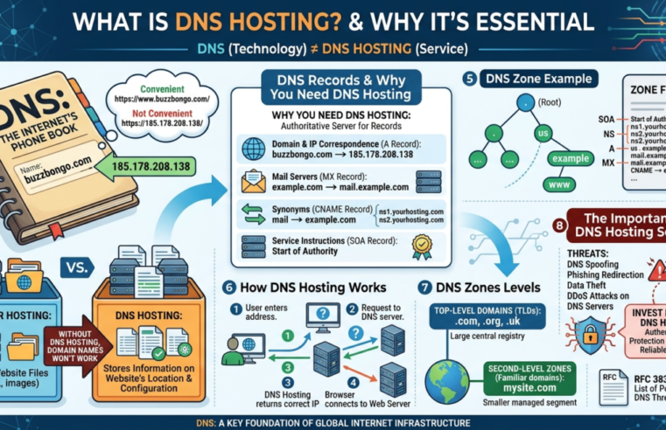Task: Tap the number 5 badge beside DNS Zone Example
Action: click(x=471, y=79)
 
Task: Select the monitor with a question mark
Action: click(x=323, y=315)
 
